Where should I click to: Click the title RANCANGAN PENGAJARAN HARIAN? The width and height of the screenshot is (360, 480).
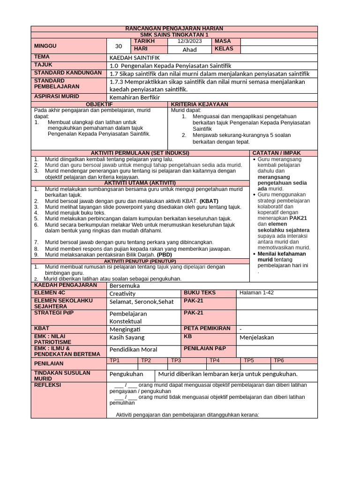pyautogui.click(x=174, y=29)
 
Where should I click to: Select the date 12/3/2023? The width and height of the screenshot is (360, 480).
pyautogui.click(x=189, y=42)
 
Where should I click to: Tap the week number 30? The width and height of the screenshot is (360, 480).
pyautogui.click(x=118, y=46)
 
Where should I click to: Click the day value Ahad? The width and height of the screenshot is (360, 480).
pyautogui.click(x=189, y=50)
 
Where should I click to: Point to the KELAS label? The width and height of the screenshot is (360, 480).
pyautogui.click(x=224, y=49)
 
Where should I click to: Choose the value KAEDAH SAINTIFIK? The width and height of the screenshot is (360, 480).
pyautogui.click(x=128, y=57)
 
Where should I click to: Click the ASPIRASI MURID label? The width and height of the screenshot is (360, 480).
pyautogui.click(x=54, y=96)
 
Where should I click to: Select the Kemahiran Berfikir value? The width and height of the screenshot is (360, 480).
pyautogui.click(x=135, y=97)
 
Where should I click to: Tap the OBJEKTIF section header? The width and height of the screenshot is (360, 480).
pyautogui.click(x=100, y=104)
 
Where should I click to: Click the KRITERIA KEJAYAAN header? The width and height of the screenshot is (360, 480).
pyautogui.click(x=200, y=104)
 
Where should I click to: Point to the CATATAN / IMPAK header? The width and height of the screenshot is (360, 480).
pyautogui.click(x=277, y=153)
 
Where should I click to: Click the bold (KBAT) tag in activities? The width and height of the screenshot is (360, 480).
pyautogui.click(x=209, y=201)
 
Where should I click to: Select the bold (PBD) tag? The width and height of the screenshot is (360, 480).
pyautogui.click(x=164, y=255)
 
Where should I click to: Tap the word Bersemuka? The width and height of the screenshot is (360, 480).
pyautogui.click(x=124, y=285)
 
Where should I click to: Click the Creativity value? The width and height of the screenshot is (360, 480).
pyautogui.click(x=122, y=293)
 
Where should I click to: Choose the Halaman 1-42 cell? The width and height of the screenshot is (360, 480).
pyautogui.click(x=256, y=293)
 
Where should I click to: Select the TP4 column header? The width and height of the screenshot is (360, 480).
pyautogui.click(x=214, y=360)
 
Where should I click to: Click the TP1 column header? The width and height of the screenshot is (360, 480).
pyautogui.click(x=114, y=360)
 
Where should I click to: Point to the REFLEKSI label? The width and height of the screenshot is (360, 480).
pyautogui.click(x=48, y=385)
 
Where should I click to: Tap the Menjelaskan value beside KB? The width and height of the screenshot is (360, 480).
pyautogui.click(x=256, y=337)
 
